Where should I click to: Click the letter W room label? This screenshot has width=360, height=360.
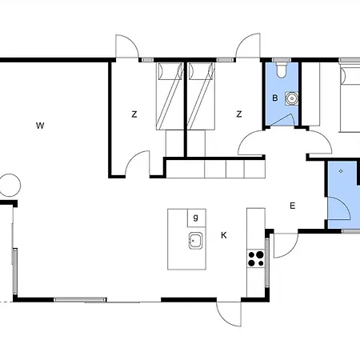40,126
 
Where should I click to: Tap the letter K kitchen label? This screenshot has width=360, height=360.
224,235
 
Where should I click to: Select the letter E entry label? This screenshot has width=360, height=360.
292,206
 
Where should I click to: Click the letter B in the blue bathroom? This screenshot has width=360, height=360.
275,98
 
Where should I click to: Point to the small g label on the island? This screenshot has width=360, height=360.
196,218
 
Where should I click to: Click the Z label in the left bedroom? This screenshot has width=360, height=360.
134,114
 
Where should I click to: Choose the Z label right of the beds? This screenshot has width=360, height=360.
239,114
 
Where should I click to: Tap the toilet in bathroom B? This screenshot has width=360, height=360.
282,70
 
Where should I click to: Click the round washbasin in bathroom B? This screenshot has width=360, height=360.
292,98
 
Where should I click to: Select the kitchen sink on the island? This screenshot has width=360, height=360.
196,241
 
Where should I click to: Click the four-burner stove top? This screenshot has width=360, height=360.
256,258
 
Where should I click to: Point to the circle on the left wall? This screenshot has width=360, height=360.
10,186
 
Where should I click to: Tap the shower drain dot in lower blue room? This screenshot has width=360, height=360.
341,171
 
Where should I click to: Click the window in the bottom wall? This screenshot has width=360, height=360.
80,300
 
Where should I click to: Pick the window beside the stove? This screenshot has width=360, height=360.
267,262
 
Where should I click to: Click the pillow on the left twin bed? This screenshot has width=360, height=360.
170,71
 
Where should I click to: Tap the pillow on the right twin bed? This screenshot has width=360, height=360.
202,71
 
